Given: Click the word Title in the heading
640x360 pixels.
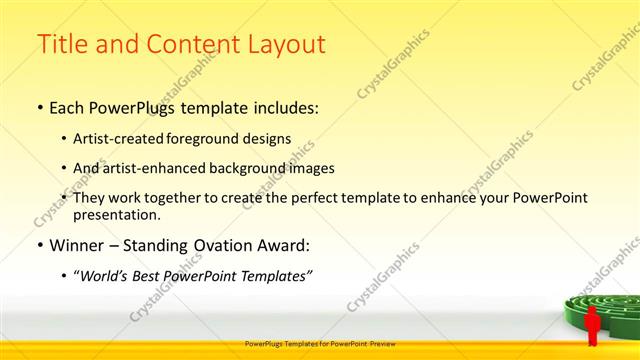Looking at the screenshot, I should point(61,44).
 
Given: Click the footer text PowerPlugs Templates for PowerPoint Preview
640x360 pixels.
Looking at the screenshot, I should point(320,343).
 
